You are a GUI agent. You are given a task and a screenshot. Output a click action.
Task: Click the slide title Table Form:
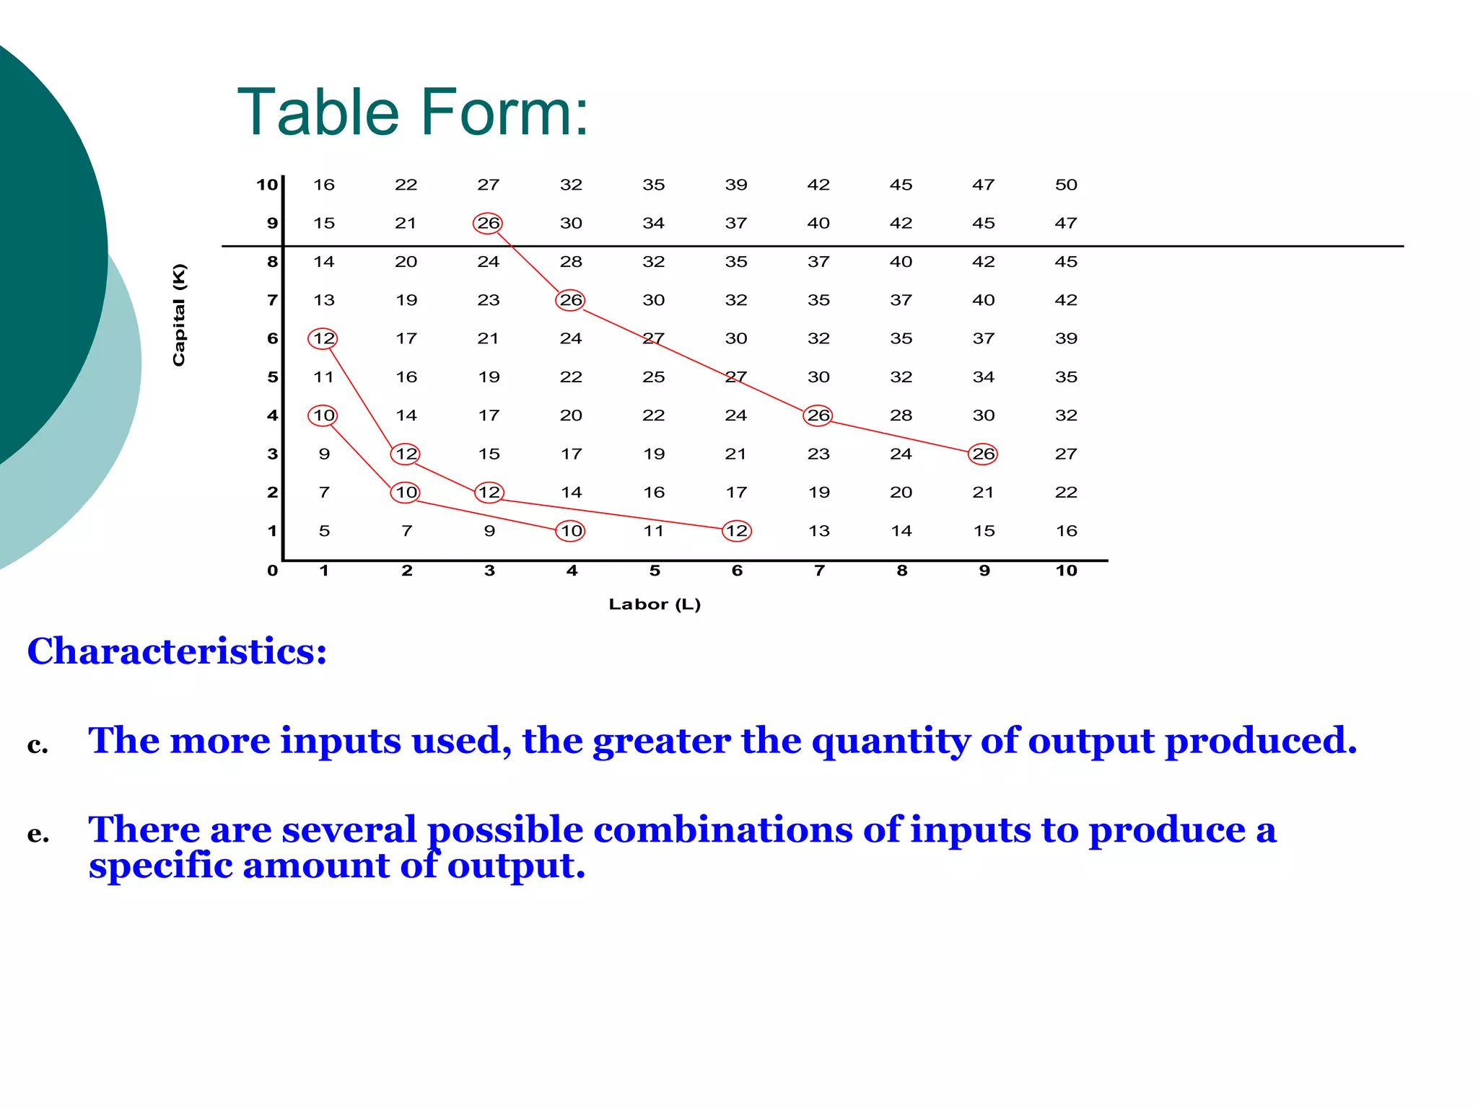coord(413,113)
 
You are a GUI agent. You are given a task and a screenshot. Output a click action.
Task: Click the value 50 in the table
coord(1066,185)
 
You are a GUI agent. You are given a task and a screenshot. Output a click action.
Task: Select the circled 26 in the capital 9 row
coord(488,224)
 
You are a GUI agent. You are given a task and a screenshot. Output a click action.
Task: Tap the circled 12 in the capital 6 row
coord(323,338)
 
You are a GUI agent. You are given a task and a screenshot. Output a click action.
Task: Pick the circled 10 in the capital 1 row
coord(571,531)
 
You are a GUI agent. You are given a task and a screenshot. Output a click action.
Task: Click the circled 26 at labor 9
coord(983,454)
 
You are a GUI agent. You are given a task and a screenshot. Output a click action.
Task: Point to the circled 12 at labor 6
coord(736,531)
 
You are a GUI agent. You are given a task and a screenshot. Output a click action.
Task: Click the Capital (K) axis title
coord(179,315)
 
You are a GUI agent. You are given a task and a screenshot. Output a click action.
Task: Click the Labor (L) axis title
coord(655,604)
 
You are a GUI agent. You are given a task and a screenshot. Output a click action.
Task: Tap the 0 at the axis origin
coord(272,571)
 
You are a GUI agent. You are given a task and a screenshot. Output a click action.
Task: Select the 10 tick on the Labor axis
coord(1066,571)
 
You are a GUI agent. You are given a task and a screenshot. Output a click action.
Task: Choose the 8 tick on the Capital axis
coord(272,262)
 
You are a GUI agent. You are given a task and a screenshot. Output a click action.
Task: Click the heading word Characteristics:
coord(177,651)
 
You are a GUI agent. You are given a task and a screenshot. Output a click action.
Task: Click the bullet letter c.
coord(38,744)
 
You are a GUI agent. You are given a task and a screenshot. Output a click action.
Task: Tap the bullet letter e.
coord(38,834)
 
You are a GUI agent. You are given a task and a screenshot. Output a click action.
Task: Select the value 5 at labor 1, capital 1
coord(324,531)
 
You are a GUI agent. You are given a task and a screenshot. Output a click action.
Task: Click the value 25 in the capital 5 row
coord(653,377)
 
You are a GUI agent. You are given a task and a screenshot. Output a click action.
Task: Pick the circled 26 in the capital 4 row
coord(818,415)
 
